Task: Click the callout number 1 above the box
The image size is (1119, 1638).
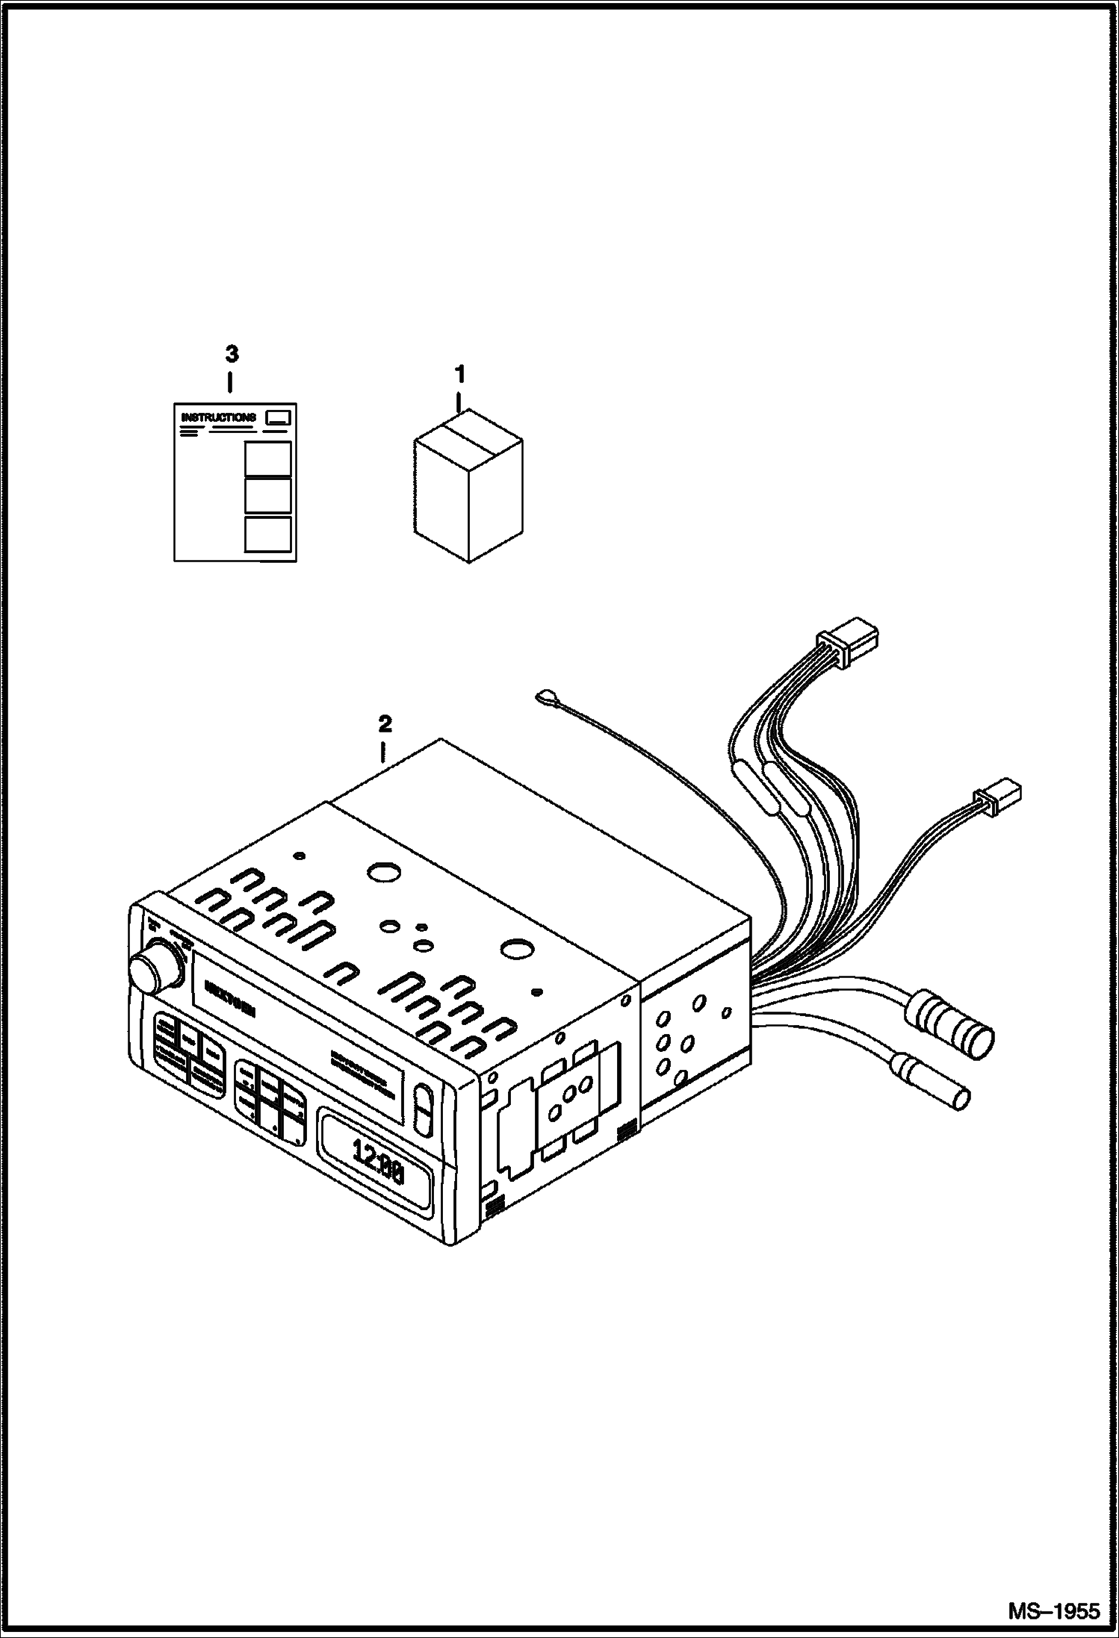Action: [461, 372]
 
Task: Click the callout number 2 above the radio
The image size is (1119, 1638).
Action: [385, 723]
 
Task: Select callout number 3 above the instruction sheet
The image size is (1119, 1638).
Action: [232, 352]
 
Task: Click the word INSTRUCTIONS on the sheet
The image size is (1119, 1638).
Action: [218, 417]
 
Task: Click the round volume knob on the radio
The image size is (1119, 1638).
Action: [155, 970]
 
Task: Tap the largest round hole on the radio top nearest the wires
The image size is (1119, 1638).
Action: [515, 950]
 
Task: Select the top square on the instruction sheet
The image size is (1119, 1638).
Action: [267, 459]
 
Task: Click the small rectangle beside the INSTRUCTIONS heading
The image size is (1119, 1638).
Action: [279, 417]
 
